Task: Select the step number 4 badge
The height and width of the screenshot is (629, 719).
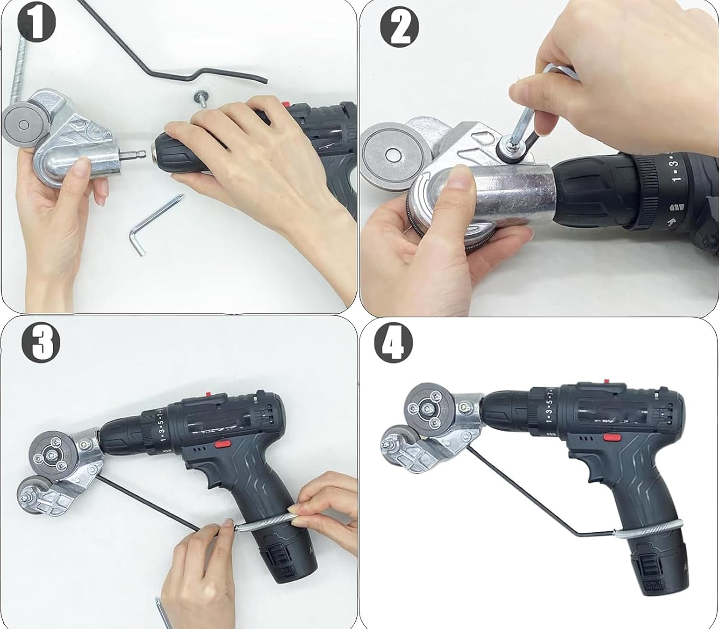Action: [x=393, y=343]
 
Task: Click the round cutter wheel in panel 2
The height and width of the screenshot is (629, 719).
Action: [x=391, y=155]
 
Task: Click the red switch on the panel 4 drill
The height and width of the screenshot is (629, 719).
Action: [x=610, y=437]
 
